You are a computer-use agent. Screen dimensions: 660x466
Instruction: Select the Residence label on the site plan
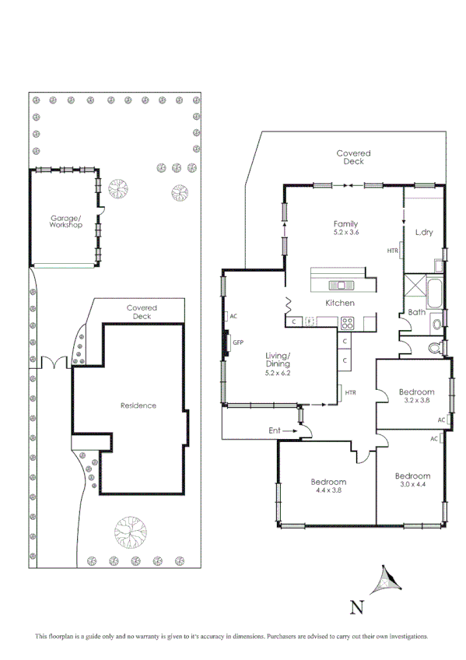(x=138, y=405)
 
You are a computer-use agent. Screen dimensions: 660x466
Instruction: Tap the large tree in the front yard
(x=129, y=532)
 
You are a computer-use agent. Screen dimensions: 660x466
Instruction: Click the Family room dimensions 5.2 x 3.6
(x=345, y=232)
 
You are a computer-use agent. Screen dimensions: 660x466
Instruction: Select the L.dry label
(x=424, y=232)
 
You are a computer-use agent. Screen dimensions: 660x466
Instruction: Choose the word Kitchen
(x=340, y=302)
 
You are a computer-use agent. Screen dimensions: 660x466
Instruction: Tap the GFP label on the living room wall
(x=238, y=342)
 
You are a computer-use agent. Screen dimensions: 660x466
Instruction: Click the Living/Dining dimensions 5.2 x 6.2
(x=278, y=374)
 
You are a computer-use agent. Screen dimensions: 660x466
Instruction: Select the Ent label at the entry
(x=275, y=430)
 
